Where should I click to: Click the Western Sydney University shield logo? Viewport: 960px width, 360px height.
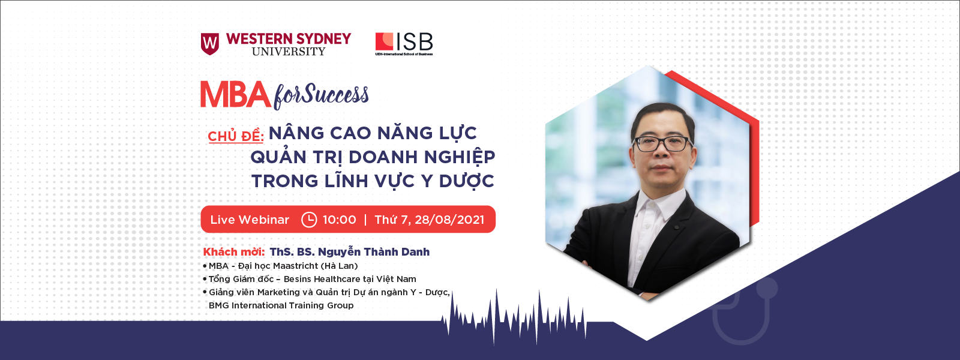(x=210, y=44)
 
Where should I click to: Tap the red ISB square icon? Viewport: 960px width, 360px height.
(x=385, y=41)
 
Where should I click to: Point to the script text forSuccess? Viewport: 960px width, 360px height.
(x=321, y=96)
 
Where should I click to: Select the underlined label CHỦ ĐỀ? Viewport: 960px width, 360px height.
(x=236, y=136)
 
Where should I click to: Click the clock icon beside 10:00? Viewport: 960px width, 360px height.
(x=309, y=220)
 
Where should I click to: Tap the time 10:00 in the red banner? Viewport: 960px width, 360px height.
(x=339, y=220)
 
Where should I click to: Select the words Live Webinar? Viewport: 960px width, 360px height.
(x=250, y=220)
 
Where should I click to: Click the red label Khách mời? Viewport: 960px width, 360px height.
(x=234, y=251)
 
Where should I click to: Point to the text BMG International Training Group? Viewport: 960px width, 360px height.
(x=281, y=305)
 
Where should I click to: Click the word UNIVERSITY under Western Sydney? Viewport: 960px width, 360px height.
(x=289, y=52)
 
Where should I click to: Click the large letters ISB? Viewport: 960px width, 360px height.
(x=415, y=42)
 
